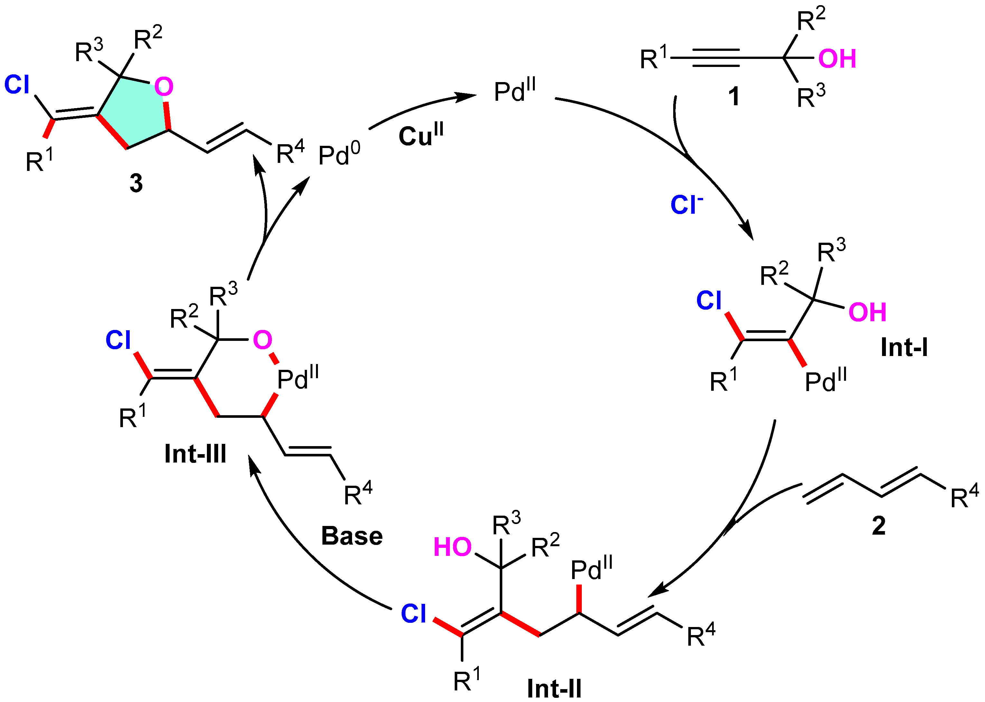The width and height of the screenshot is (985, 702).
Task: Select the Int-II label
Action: click(554, 688)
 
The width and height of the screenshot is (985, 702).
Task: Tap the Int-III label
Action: click(195, 454)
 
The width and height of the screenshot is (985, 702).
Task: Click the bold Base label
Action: click(352, 536)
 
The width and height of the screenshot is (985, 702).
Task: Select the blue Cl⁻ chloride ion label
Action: click(686, 204)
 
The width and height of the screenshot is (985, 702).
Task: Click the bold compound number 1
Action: click(733, 96)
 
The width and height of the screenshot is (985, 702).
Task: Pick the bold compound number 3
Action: click(136, 183)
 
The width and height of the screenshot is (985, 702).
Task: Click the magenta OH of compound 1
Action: click(837, 59)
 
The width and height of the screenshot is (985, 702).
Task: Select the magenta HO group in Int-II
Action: click(452, 547)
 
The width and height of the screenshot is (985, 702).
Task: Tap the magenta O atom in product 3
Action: click(164, 87)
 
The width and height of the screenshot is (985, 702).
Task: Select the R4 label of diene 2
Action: click(963, 497)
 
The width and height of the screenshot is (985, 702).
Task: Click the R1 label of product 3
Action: click(39, 161)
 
